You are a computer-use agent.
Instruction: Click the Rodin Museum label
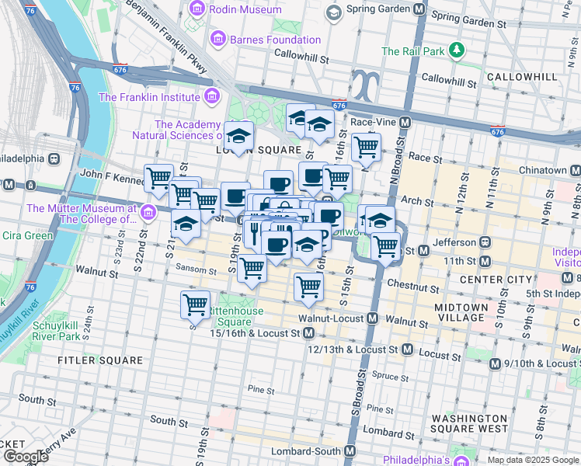(x=245, y=10)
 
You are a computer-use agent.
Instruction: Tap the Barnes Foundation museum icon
(x=217, y=40)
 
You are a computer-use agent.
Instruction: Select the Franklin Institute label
(x=149, y=97)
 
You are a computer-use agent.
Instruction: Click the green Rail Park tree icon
(x=458, y=51)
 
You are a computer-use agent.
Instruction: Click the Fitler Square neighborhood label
(x=101, y=360)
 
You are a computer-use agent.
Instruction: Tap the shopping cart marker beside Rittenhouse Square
(x=195, y=304)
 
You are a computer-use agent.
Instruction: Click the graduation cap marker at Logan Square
(x=239, y=135)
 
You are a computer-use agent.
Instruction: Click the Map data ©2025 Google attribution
(x=533, y=460)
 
